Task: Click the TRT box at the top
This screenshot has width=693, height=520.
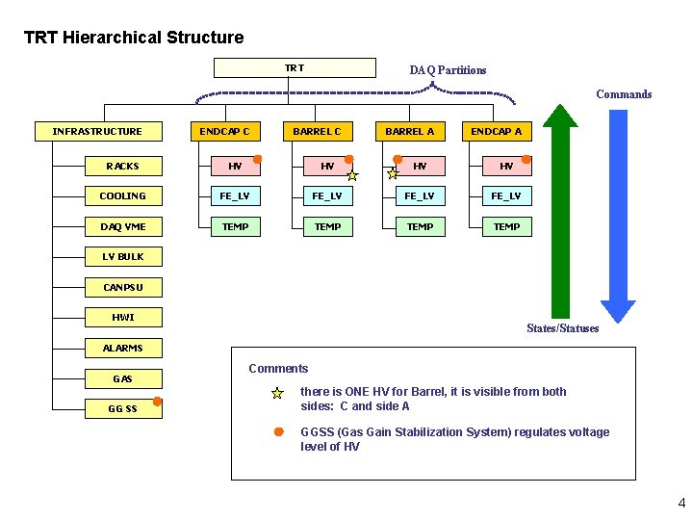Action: pos(295,68)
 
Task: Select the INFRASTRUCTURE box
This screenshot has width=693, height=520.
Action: pos(97,131)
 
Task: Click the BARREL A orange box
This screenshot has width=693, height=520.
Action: pos(409,131)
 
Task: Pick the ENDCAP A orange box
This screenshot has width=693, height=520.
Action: pos(497,131)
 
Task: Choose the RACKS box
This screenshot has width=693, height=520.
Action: pos(123,167)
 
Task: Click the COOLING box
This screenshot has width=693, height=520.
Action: pos(123,196)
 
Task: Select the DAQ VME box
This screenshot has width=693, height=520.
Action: pos(123,227)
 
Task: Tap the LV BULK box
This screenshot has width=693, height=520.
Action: pos(123,257)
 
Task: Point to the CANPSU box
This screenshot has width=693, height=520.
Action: pos(123,287)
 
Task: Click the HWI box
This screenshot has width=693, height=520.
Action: pos(123,317)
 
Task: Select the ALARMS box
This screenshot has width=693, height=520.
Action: pos(123,348)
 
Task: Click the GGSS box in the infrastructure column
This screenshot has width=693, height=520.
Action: pos(123,408)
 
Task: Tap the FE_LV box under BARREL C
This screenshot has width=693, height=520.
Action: pos(327,196)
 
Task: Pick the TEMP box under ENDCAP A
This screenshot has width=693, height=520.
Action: pos(506,227)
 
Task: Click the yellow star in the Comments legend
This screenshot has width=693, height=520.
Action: pos(277,394)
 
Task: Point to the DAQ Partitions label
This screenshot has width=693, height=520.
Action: pos(448,70)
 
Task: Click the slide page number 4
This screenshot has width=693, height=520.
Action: pos(681,503)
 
